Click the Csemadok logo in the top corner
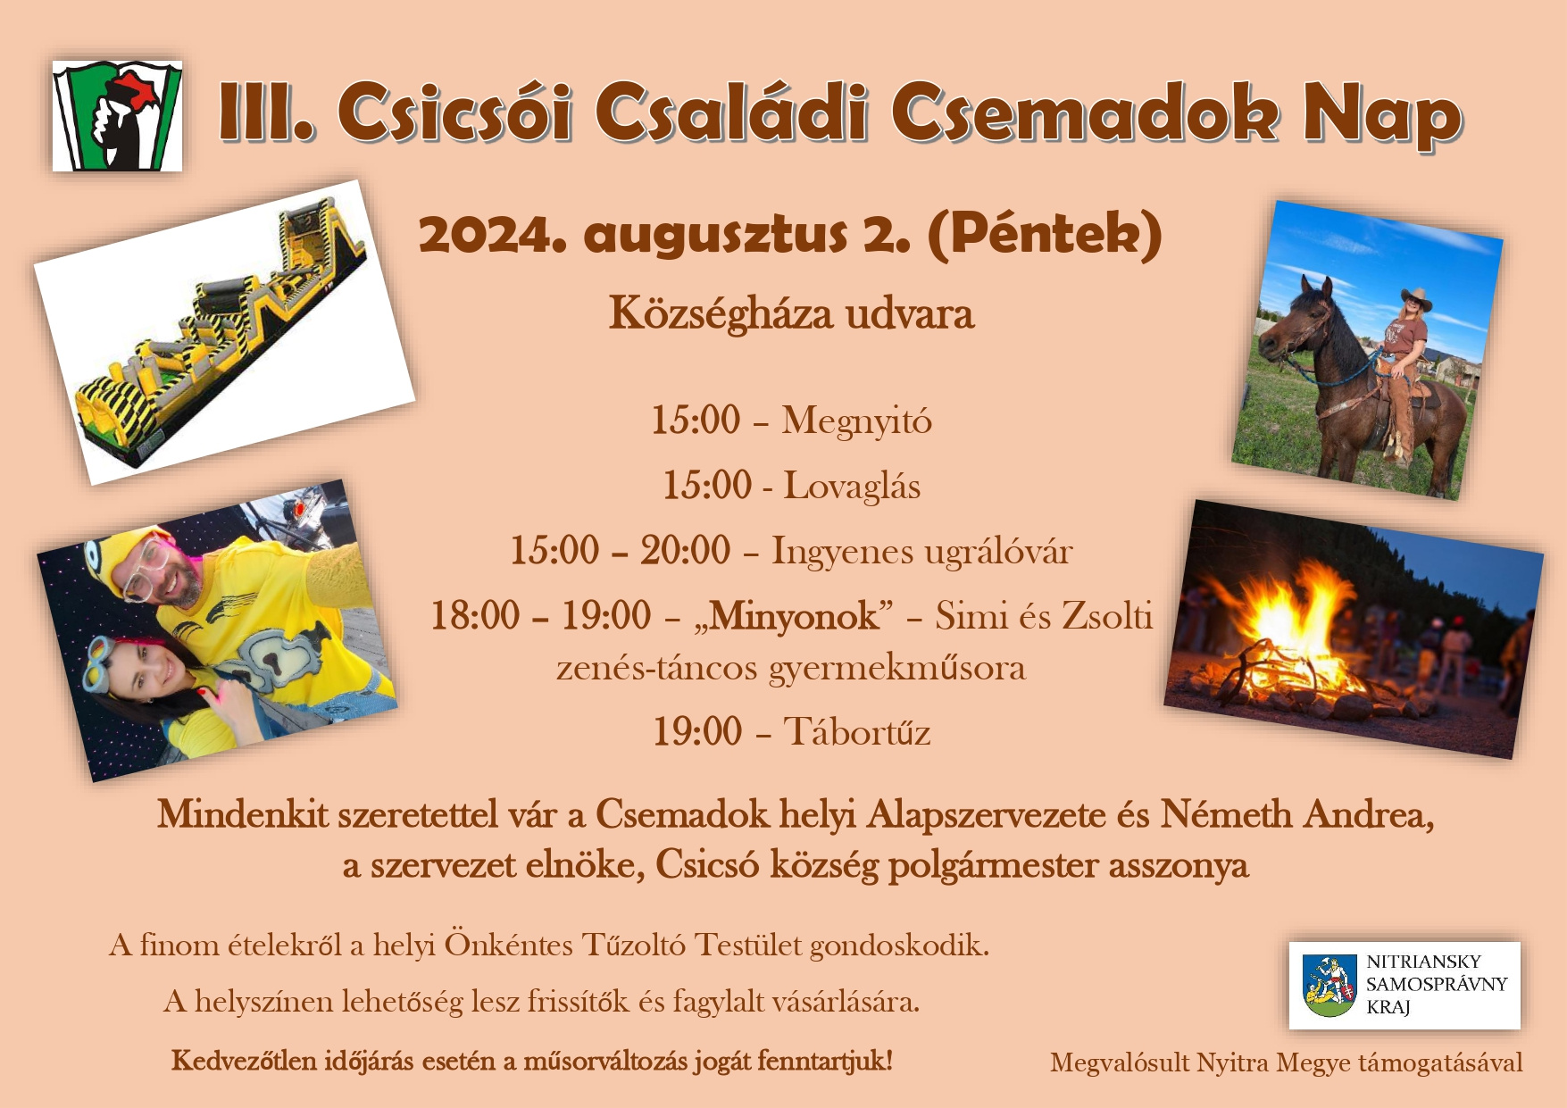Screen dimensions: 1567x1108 click(x=117, y=116)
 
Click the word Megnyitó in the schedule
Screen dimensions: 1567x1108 click(x=857, y=421)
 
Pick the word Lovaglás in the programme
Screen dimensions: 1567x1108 click(x=852, y=487)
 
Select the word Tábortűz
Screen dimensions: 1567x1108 click(x=857, y=732)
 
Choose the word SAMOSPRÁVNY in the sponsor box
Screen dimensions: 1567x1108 click(x=1437, y=984)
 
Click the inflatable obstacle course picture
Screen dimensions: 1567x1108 click(x=224, y=332)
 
